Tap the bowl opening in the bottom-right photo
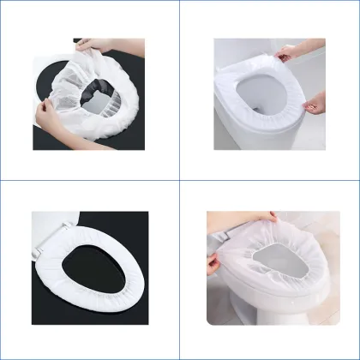[x=274, y=266]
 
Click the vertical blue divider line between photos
[x=180, y=257]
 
